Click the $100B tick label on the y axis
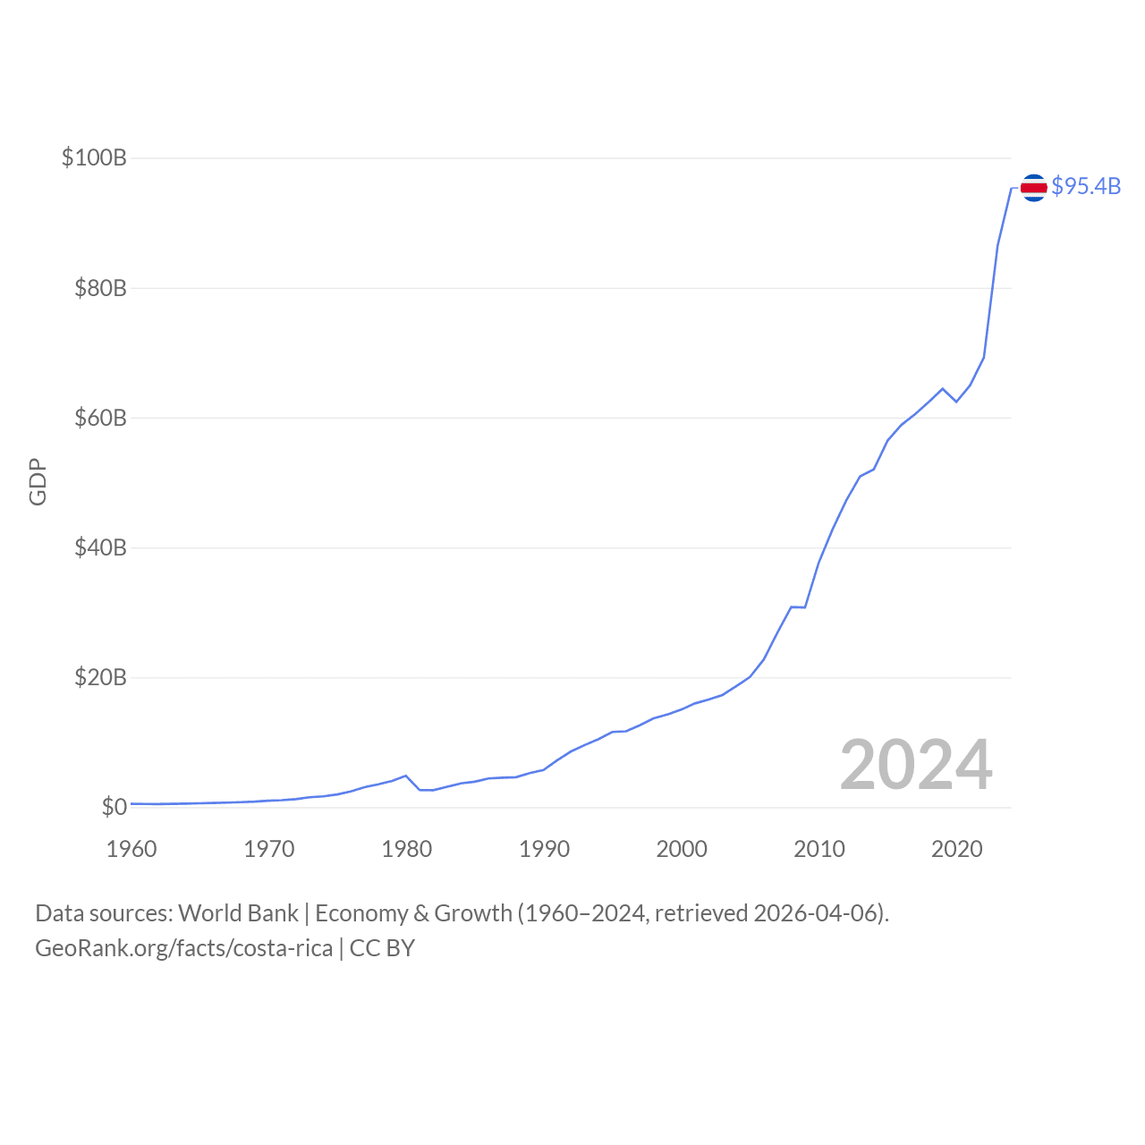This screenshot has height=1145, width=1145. [x=94, y=158]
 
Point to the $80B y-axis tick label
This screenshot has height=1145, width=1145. [x=100, y=288]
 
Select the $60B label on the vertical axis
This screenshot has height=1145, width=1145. [x=100, y=418]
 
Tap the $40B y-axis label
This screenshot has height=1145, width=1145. [x=100, y=547]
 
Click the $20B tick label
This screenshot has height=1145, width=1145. [x=100, y=677]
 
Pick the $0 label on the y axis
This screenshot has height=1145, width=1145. [x=114, y=807]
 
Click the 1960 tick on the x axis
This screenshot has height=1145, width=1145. [x=131, y=849]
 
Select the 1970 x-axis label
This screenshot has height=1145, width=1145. [x=269, y=849]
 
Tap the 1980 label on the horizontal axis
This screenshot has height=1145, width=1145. [x=407, y=849]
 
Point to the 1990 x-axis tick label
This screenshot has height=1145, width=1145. [x=544, y=849]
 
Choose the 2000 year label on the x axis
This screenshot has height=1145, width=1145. [x=682, y=849]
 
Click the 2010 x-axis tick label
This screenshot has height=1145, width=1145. [x=819, y=849]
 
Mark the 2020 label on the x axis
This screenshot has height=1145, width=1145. [x=957, y=849]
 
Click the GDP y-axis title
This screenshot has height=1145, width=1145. [x=38, y=482]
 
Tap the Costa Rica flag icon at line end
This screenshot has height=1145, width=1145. [x=1033, y=187]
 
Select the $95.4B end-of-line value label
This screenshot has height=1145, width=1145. [x=1086, y=186]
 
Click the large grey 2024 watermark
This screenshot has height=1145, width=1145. [x=916, y=765]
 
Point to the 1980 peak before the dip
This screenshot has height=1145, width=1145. [x=406, y=776]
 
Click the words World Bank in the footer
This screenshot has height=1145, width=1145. [x=238, y=913]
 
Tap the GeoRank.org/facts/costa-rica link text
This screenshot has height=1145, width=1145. [x=183, y=948]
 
